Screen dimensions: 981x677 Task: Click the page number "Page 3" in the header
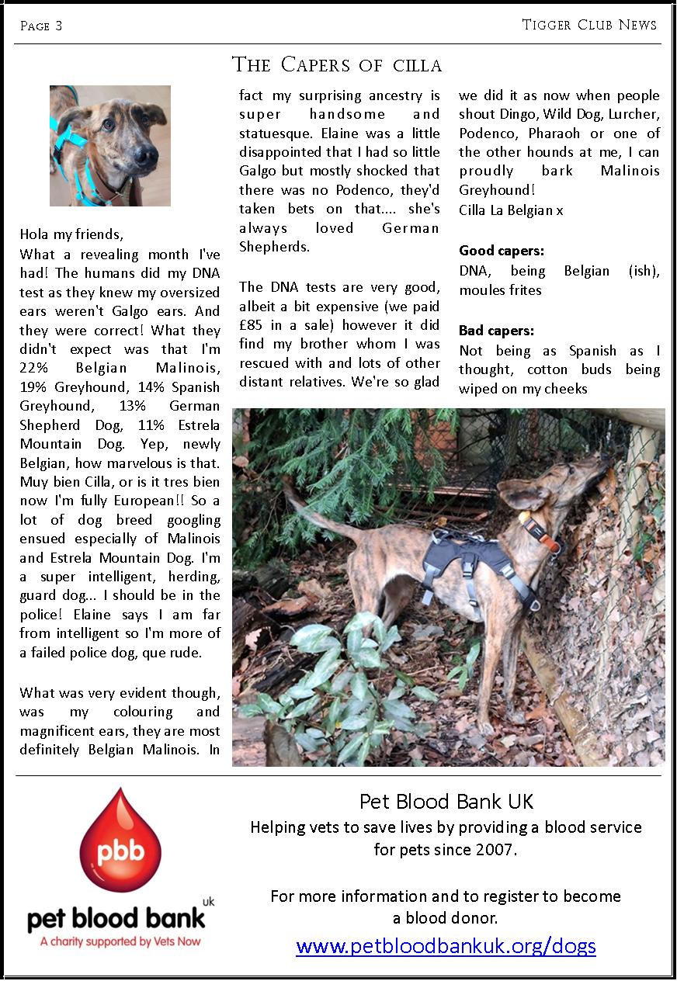click(x=41, y=26)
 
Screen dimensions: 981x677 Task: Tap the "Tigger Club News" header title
click(x=589, y=25)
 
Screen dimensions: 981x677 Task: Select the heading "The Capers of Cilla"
click(x=337, y=64)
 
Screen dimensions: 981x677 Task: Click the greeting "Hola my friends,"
click(x=71, y=234)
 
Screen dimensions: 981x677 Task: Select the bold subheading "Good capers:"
click(x=502, y=251)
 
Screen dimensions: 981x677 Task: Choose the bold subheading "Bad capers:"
click(x=497, y=331)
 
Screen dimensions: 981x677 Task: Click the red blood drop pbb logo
click(x=120, y=842)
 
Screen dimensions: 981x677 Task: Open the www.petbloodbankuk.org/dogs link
click(x=446, y=946)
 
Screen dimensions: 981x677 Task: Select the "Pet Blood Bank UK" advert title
click(x=446, y=801)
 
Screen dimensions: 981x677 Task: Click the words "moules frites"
click(x=500, y=290)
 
